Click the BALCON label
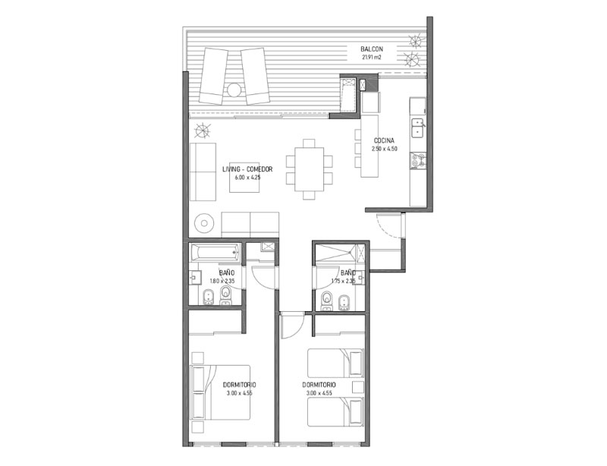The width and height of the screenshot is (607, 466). click(372, 49)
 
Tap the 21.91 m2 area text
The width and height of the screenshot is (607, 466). click(372, 57)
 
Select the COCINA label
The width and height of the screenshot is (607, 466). click(384, 140)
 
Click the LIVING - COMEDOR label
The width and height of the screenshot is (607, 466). click(247, 169)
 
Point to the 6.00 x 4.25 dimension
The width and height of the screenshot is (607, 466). click(247, 178)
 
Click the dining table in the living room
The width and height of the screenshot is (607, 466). click(310, 169)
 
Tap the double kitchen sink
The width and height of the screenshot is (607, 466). click(418, 128)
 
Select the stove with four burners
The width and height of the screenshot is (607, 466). click(418, 160)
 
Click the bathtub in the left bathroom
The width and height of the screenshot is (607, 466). click(215, 253)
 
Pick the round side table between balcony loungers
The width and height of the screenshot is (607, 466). click(234, 90)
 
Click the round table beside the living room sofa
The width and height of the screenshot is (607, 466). click(204, 223)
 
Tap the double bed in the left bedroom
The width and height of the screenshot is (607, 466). click(221, 392)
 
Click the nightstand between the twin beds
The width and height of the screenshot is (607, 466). click(358, 387)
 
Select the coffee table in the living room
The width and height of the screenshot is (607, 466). click(244, 178)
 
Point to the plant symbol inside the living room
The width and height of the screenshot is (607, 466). click(203, 131)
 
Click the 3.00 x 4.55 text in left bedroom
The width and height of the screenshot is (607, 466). click(240, 393)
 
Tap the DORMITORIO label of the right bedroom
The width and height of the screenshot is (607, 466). click(319, 385)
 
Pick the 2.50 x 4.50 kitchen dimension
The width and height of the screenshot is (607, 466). click(385, 149)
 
